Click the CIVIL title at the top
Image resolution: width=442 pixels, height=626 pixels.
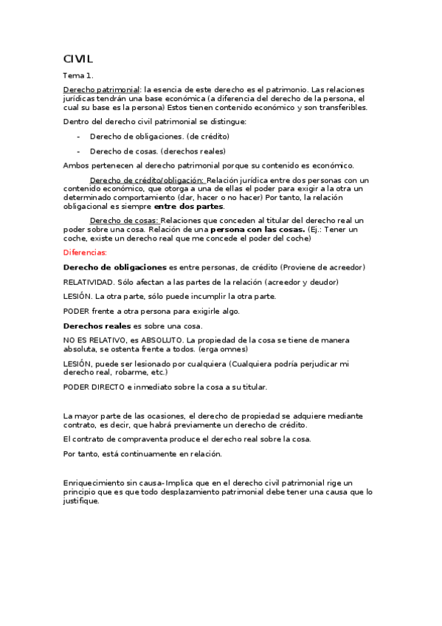coord(77,58)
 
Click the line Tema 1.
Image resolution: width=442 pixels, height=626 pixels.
coord(78,75)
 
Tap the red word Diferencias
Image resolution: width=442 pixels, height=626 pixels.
coord(85,252)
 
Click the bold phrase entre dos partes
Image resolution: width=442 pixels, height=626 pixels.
coord(188,206)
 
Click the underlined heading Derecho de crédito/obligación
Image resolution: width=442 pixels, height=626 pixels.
coord(147,180)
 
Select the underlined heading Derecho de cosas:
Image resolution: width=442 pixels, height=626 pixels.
coord(124,221)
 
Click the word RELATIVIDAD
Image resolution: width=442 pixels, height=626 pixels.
coord(89,281)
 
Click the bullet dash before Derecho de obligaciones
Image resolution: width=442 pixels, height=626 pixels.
coord(78,137)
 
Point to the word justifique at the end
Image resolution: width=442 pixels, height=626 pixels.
coord(80,501)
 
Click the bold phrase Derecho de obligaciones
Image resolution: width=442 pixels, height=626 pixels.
coord(114,266)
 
